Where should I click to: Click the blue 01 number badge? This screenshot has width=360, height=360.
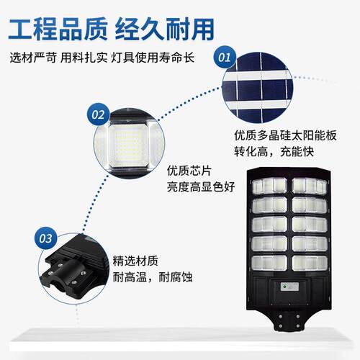tap(225, 58)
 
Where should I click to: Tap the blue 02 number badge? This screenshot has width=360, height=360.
tap(98, 114)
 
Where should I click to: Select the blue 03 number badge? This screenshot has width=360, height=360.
tap(46, 238)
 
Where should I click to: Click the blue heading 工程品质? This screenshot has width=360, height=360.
tap(58, 30)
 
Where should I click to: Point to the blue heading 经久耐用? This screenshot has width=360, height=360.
tap(165, 30)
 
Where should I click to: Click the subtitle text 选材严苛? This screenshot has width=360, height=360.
tap(33, 58)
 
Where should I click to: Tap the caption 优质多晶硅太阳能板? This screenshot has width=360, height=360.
tap(285, 135)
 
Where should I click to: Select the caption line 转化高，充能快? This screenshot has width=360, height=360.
tap(274, 151)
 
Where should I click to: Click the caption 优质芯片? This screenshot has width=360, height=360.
tap(189, 171)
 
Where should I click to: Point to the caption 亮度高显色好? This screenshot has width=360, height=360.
tap(201, 186)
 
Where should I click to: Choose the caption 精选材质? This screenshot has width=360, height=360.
tap(135, 261)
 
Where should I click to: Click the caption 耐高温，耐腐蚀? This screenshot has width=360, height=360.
tap(153, 277)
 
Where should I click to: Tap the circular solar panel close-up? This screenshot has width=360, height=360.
tap(257, 88)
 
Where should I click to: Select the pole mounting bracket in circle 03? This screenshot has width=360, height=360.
tap(70, 271)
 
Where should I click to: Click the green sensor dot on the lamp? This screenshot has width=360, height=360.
tap(284, 287)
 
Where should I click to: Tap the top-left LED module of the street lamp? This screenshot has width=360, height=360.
tap(269, 186)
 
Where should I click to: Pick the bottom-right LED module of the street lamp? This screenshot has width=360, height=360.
tap(310, 264)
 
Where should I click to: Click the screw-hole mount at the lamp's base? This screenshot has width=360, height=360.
tap(289, 321)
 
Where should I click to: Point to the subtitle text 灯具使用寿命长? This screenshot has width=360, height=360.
tap(153, 58)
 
